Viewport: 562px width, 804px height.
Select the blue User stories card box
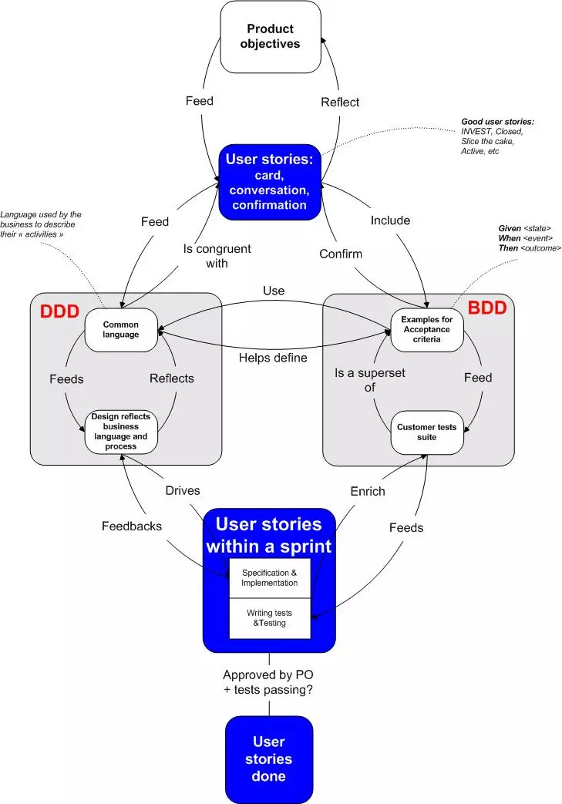point(270,181)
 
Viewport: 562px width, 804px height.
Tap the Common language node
point(121,330)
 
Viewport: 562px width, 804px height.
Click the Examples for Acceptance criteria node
point(426,329)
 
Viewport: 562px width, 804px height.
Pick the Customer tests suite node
point(426,432)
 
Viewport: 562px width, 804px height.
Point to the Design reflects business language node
point(120,431)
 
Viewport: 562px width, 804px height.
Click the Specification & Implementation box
point(269,578)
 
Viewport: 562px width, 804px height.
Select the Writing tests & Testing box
point(269,618)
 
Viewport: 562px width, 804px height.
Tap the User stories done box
point(269,759)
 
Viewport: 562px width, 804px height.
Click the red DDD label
point(59,313)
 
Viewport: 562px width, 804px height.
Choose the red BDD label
point(487,308)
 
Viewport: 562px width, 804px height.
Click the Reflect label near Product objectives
point(340,102)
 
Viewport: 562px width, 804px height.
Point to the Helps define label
point(274,358)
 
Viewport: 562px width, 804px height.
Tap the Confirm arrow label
point(341,254)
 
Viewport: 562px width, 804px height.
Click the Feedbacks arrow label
point(132,526)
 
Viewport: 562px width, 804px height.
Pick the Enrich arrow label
point(368,490)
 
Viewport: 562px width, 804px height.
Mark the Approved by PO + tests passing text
point(268,682)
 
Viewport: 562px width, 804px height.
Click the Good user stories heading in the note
point(497,122)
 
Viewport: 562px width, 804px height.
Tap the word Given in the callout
point(510,229)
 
